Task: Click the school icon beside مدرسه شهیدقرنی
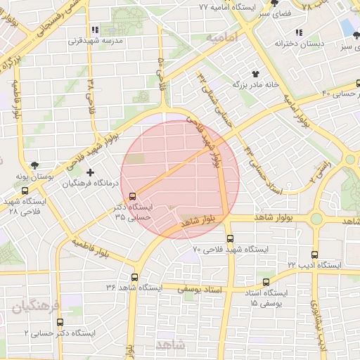(96, 30)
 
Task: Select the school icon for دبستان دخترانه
(299, 32)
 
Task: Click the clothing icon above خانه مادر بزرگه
(255, 72)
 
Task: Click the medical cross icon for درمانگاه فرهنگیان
(89, 172)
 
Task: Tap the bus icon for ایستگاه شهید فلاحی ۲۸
(25, 190)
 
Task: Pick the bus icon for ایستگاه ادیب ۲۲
(314, 255)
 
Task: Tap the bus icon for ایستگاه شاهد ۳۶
(134, 277)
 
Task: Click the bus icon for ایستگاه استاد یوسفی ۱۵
(266, 282)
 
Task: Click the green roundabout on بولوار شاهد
(316, 219)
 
